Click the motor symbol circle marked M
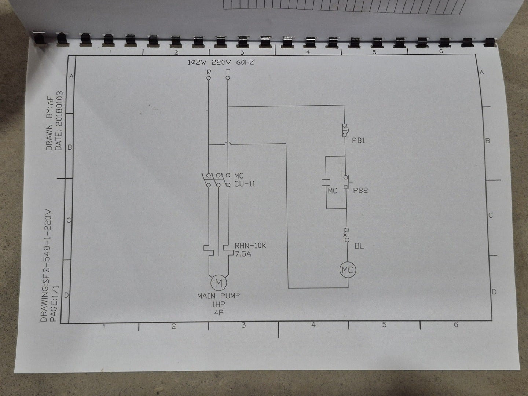point(218,283)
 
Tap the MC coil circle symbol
point(347,270)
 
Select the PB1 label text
point(359,141)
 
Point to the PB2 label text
point(360,191)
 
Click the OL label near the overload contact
point(359,246)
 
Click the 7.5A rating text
point(243,254)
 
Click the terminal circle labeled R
point(209,78)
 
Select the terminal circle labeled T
point(228,78)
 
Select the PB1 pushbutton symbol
point(345,130)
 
